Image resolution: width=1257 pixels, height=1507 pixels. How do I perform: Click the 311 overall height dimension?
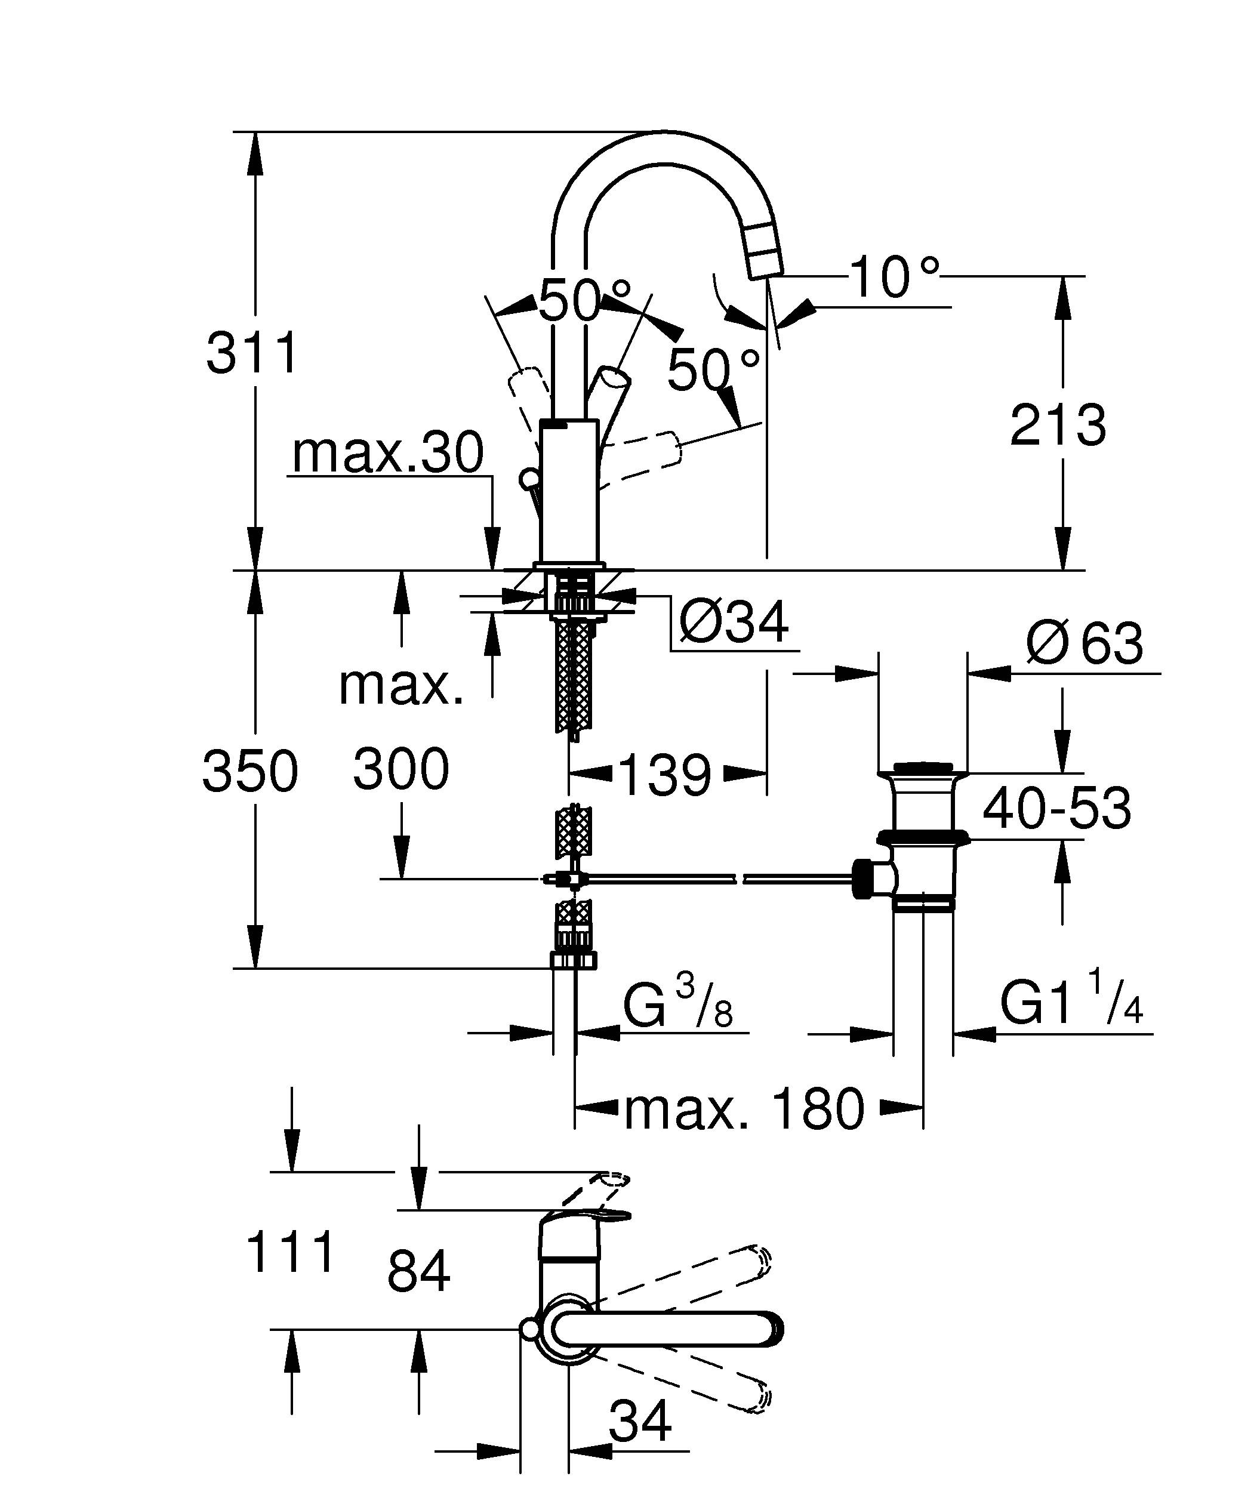251,353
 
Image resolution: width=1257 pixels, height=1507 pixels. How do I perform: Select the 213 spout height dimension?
1058,426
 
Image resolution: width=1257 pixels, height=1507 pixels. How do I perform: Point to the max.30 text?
388,454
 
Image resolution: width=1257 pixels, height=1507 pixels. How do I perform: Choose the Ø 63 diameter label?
1083,644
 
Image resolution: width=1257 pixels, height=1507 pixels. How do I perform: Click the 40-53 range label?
1056,808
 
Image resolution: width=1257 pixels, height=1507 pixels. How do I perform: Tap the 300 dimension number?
400,769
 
